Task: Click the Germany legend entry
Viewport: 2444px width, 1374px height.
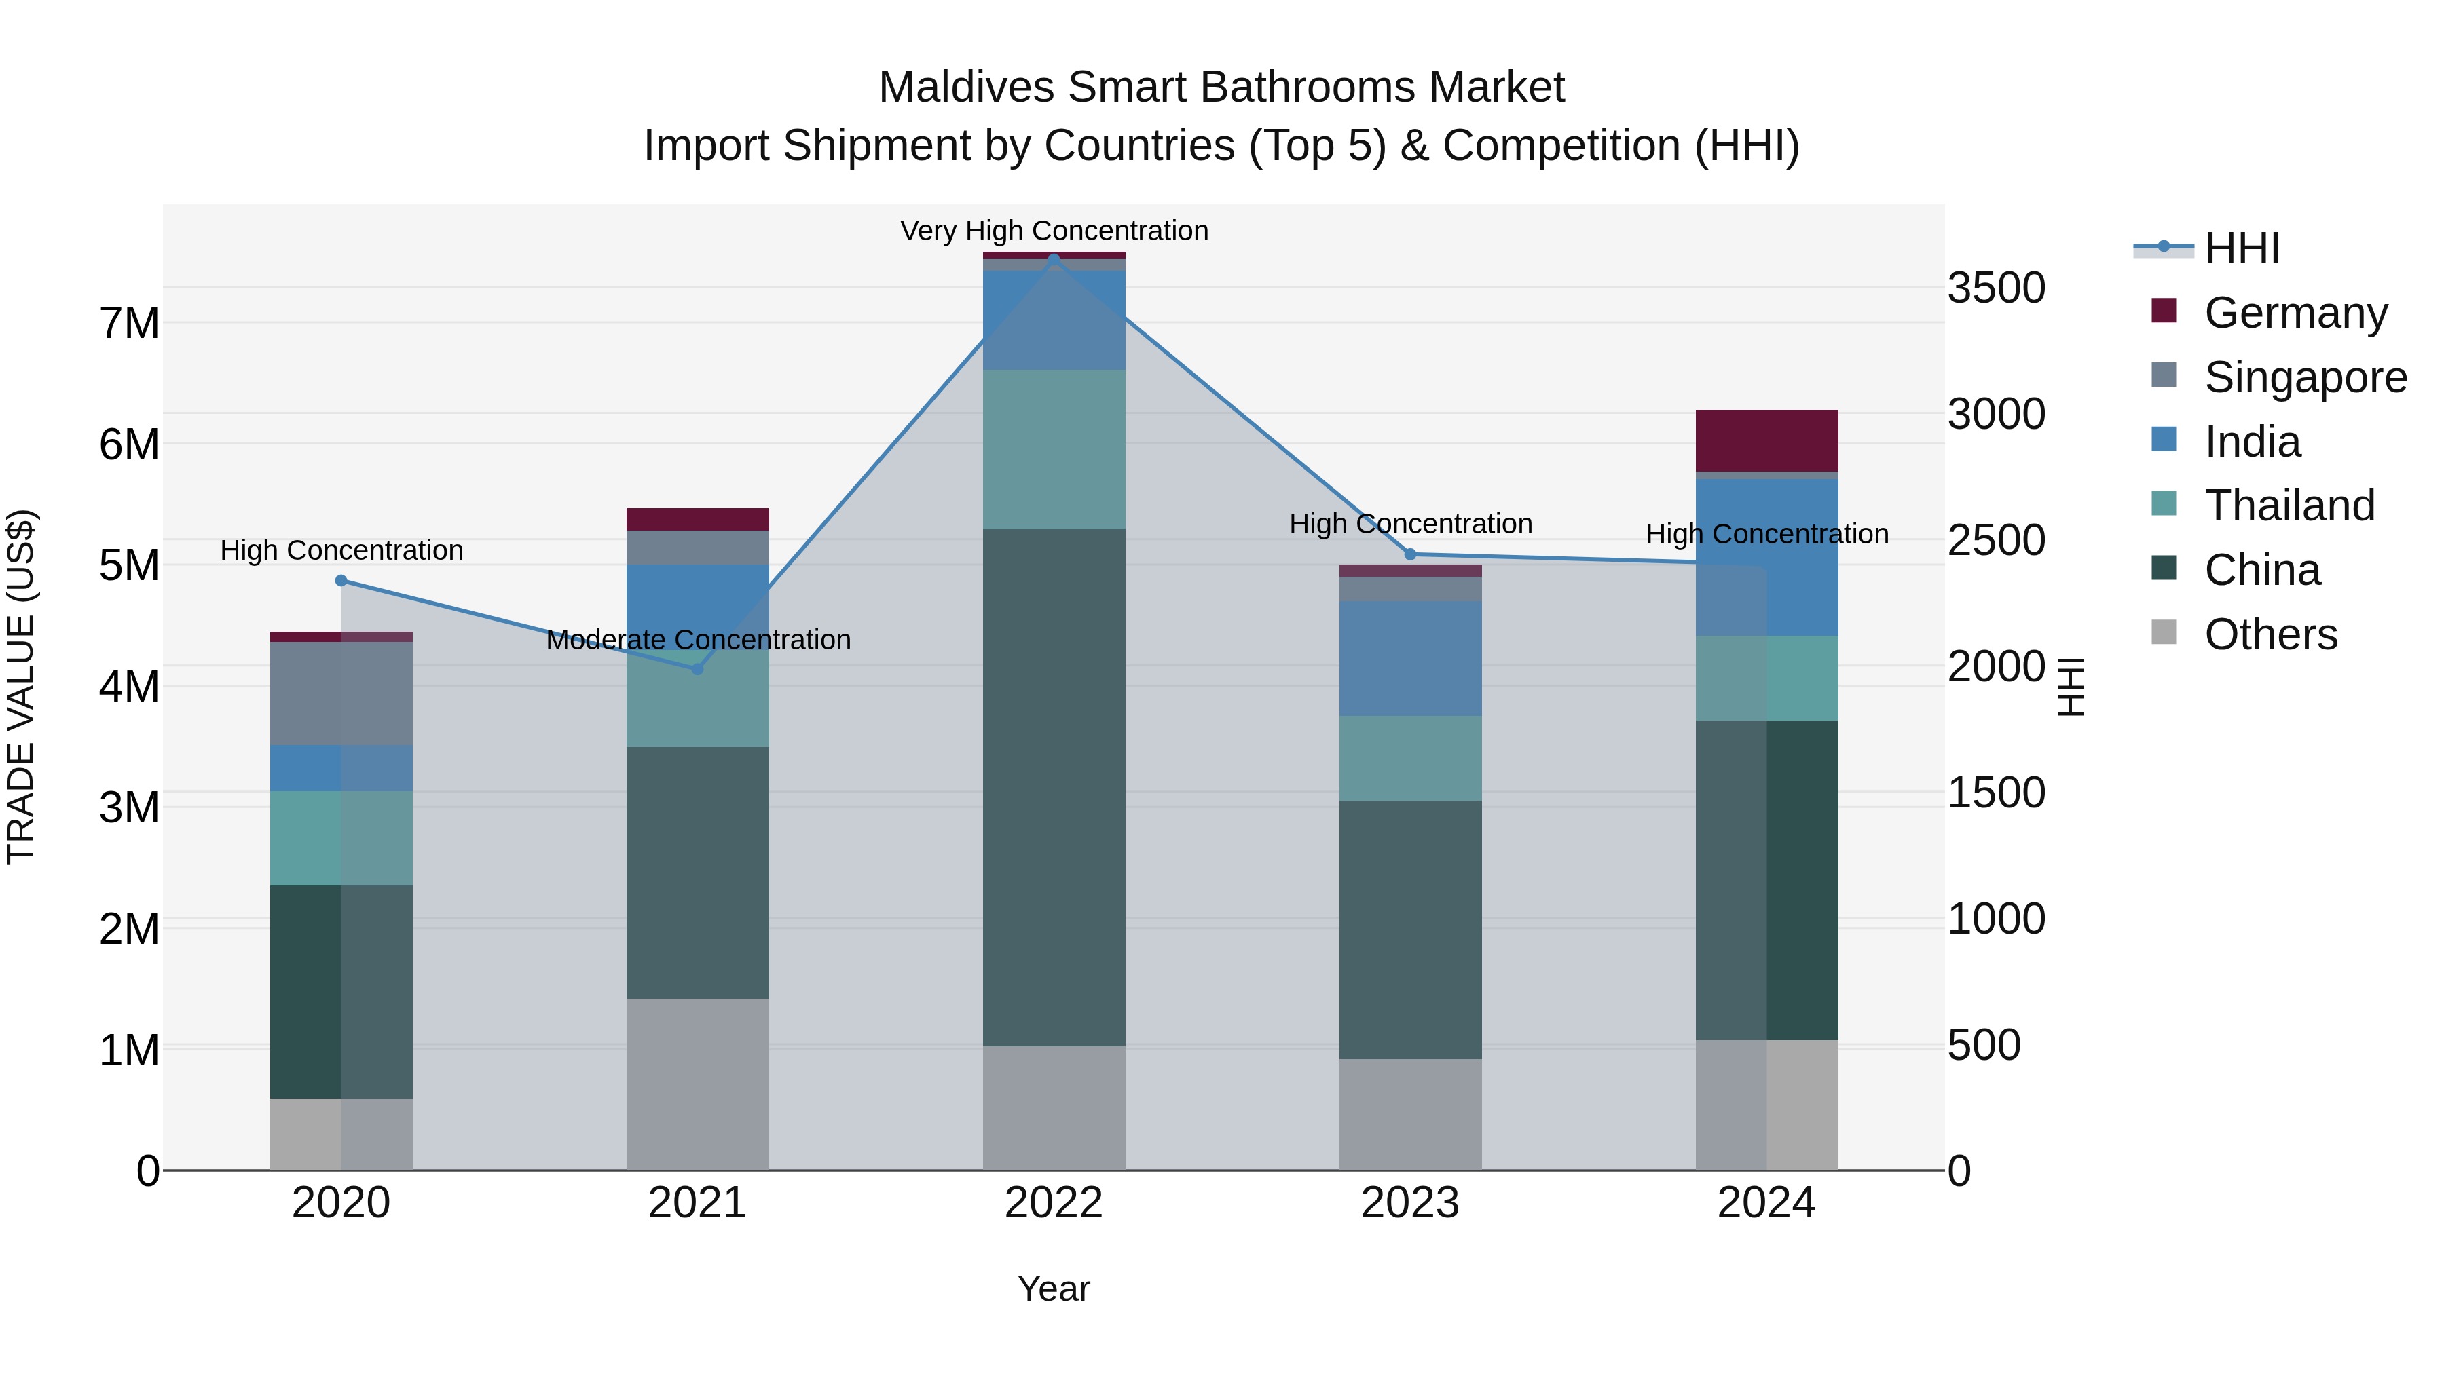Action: [x=2294, y=313]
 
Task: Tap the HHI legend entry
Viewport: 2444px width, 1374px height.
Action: [x=2241, y=248]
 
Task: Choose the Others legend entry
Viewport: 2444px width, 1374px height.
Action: [x=2270, y=634]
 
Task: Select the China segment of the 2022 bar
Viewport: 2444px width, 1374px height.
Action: [x=1053, y=787]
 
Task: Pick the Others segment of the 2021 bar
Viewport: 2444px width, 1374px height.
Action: [x=697, y=1084]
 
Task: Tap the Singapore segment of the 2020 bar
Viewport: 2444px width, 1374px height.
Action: [x=341, y=693]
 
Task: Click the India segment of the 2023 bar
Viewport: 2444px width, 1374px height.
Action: [x=1410, y=658]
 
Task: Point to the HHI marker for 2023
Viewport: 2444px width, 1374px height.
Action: [x=1410, y=555]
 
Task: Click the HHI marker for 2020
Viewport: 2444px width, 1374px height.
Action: [x=341, y=580]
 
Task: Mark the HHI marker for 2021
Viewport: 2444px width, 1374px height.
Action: [x=697, y=668]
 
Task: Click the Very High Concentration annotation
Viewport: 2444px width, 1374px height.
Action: [x=1053, y=231]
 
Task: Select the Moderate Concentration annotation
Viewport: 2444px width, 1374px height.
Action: [x=699, y=640]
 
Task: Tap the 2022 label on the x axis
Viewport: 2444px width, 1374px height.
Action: [x=1053, y=1203]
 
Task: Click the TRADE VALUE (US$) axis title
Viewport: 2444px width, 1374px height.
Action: [x=21, y=687]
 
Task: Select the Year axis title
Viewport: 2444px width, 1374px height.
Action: [x=1053, y=1289]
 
